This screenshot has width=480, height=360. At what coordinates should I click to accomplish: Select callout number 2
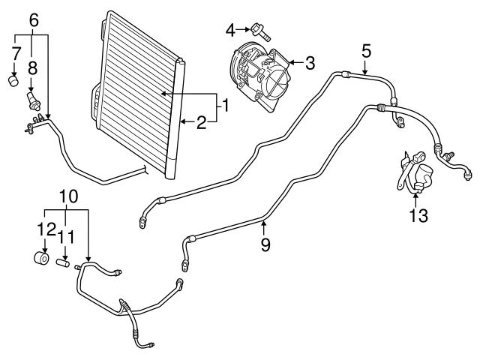[x=201, y=122]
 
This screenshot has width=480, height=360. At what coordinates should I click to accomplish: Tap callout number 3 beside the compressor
[x=308, y=61]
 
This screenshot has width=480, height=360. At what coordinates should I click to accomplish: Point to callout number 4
[x=230, y=30]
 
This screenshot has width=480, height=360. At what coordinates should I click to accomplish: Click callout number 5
[x=366, y=51]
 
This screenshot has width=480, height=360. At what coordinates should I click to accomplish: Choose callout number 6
[x=33, y=20]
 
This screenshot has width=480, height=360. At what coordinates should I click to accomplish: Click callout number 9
[x=265, y=244]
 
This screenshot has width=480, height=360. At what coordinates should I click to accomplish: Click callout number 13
[x=418, y=216]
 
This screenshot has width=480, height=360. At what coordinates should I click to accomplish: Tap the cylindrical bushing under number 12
[x=40, y=259]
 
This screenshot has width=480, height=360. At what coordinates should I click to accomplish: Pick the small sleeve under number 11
[x=64, y=263]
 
